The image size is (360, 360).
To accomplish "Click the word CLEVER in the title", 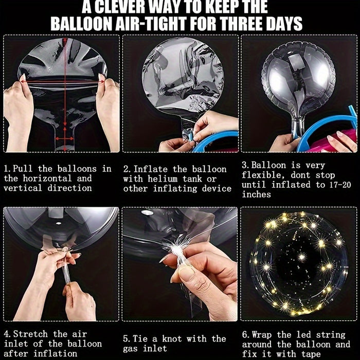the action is (120, 7).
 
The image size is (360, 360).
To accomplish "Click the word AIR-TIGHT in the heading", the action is (152, 24).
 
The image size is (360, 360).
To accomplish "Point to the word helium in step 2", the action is (163, 179).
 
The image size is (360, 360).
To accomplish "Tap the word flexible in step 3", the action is (263, 175).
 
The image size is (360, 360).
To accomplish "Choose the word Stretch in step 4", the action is (30, 334).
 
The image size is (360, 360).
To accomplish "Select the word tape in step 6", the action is (311, 354).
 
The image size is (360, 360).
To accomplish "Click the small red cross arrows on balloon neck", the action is (64, 138).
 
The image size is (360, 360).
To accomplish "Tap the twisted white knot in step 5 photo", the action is (177, 249).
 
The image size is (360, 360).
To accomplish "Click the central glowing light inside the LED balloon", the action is (301, 256).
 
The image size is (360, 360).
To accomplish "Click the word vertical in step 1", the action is (23, 188).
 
